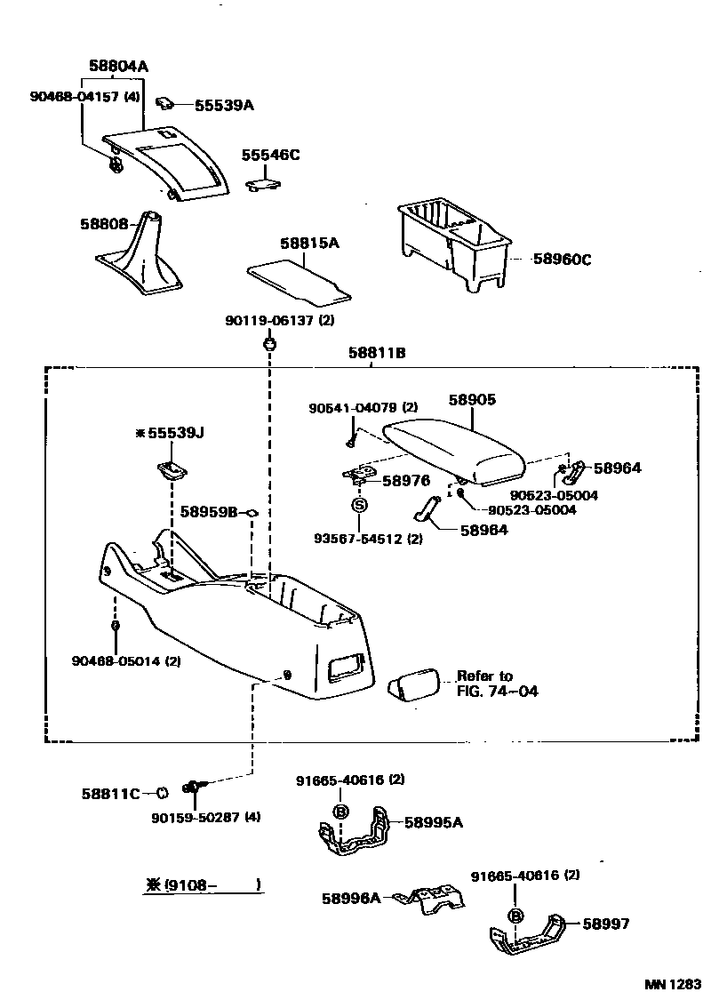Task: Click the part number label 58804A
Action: tap(118, 66)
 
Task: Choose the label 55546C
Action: tap(270, 155)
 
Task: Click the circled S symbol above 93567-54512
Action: tap(359, 505)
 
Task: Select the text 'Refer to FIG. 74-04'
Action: tap(496, 684)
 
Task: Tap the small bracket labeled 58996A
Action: tap(433, 900)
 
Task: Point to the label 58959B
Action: tap(209, 512)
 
